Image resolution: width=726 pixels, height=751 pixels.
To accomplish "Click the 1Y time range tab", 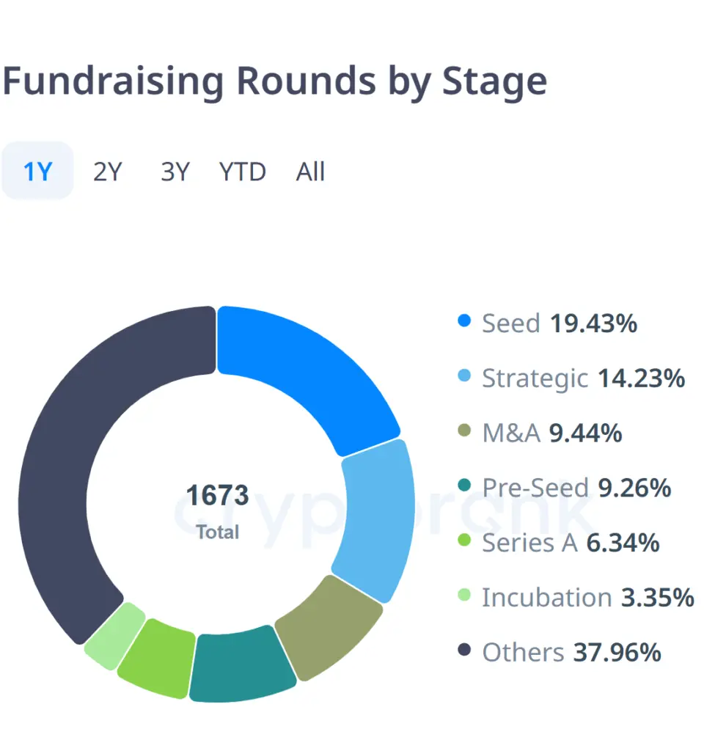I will (37, 172).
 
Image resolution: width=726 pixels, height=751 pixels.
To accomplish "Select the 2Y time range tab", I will (107, 172).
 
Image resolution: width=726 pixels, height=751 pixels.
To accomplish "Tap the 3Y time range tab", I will (175, 172).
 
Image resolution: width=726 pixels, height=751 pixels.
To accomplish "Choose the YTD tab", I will (242, 172).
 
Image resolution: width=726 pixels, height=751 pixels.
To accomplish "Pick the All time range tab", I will (310, 172).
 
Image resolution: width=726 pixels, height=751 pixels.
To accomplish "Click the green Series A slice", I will (156, 655).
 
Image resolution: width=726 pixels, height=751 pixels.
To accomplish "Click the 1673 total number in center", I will (217, 496).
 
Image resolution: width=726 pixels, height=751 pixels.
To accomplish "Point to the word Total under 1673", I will (217, 532).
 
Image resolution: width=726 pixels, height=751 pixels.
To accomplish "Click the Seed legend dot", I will (463, 321).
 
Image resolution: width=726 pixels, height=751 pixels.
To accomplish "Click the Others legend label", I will (522, 652).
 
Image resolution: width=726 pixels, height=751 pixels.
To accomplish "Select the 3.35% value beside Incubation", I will (657, 598).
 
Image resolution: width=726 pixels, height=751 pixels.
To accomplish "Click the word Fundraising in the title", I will (114, 82).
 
